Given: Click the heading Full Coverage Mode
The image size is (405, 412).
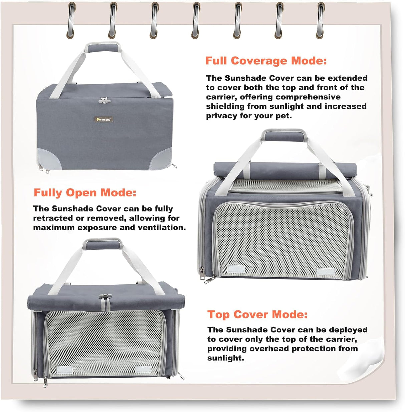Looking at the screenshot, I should click(266, 61).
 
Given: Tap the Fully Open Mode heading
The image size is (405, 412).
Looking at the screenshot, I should click(85, 193).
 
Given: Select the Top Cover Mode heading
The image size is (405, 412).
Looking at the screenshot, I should click(257, 314).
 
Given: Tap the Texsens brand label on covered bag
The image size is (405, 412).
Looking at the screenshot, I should click(103, 119).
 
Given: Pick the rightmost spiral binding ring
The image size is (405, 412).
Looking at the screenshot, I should click(321, 18).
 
